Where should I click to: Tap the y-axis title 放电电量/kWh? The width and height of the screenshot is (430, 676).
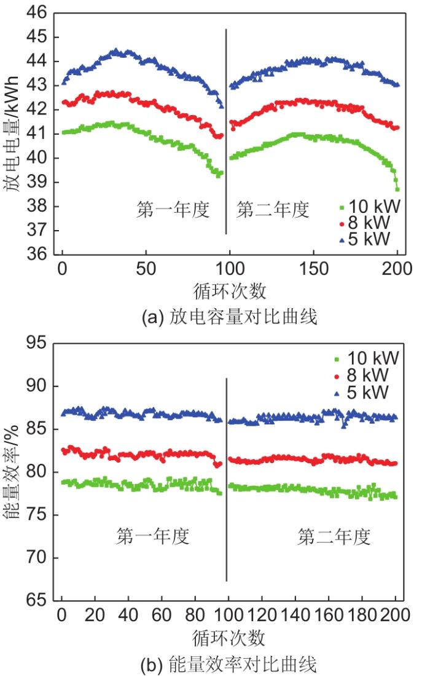(14, 133)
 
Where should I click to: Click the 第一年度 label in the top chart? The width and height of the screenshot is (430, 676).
(173, 210)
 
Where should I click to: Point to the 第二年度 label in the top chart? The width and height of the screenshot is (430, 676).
(273, 210)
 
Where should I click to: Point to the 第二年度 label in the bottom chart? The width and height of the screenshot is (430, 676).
(334, 537)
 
